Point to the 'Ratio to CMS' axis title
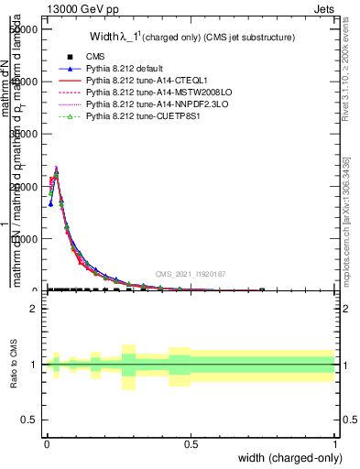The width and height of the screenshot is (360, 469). click(15, 365)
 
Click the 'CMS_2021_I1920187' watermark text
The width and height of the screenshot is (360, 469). click(190, 274)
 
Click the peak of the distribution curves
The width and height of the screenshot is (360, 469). click(56, 169)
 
